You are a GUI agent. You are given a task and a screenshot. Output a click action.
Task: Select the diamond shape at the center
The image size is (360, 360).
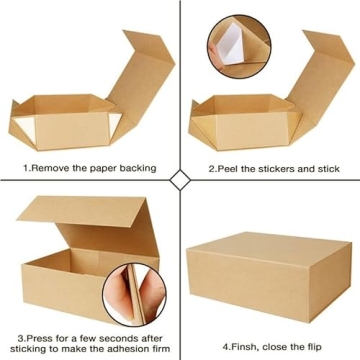(180, 180)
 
